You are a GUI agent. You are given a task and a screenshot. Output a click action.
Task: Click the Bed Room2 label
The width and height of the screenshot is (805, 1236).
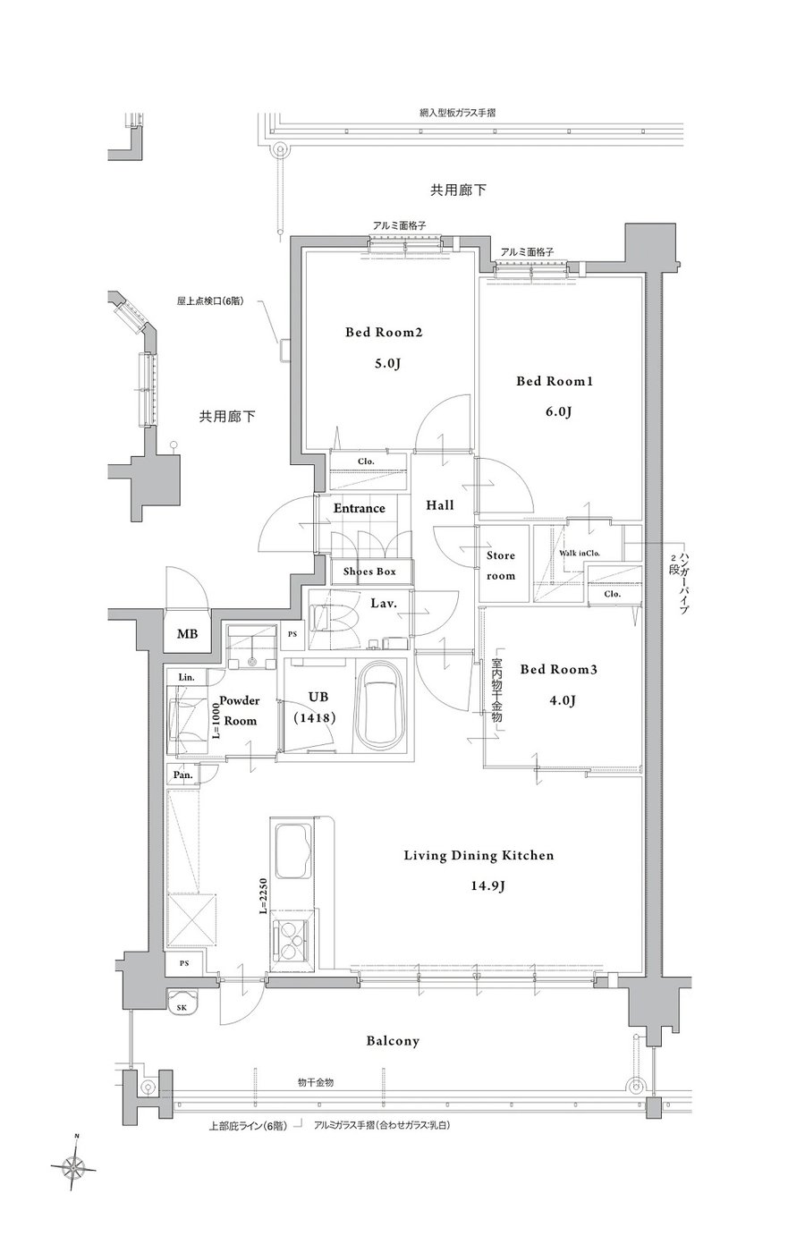384,332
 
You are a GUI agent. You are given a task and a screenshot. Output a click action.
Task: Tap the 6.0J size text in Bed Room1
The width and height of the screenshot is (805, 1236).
558,411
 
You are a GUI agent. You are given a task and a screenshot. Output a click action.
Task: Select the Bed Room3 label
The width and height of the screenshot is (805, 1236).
558,669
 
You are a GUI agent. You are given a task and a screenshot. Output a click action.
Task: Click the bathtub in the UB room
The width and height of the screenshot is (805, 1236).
382,705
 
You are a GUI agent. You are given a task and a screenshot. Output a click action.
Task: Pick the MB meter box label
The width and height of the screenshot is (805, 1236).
187,634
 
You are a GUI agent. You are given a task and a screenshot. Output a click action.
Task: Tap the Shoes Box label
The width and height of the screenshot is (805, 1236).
369,571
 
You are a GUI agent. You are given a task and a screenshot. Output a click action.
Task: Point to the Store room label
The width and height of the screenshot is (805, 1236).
500,565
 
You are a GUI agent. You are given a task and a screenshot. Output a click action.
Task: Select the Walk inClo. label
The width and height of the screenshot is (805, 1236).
579,553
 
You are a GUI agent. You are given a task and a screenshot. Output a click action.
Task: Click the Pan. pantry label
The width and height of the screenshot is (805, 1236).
182,775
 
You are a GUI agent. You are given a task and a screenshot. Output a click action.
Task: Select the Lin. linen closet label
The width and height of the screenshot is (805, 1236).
186,677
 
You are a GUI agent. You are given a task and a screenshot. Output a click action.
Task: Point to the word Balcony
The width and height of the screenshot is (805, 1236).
393,1041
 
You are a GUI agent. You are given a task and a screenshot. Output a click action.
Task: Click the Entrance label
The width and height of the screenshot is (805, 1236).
360,508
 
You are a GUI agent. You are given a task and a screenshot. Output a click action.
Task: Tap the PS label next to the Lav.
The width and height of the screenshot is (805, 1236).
292,634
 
